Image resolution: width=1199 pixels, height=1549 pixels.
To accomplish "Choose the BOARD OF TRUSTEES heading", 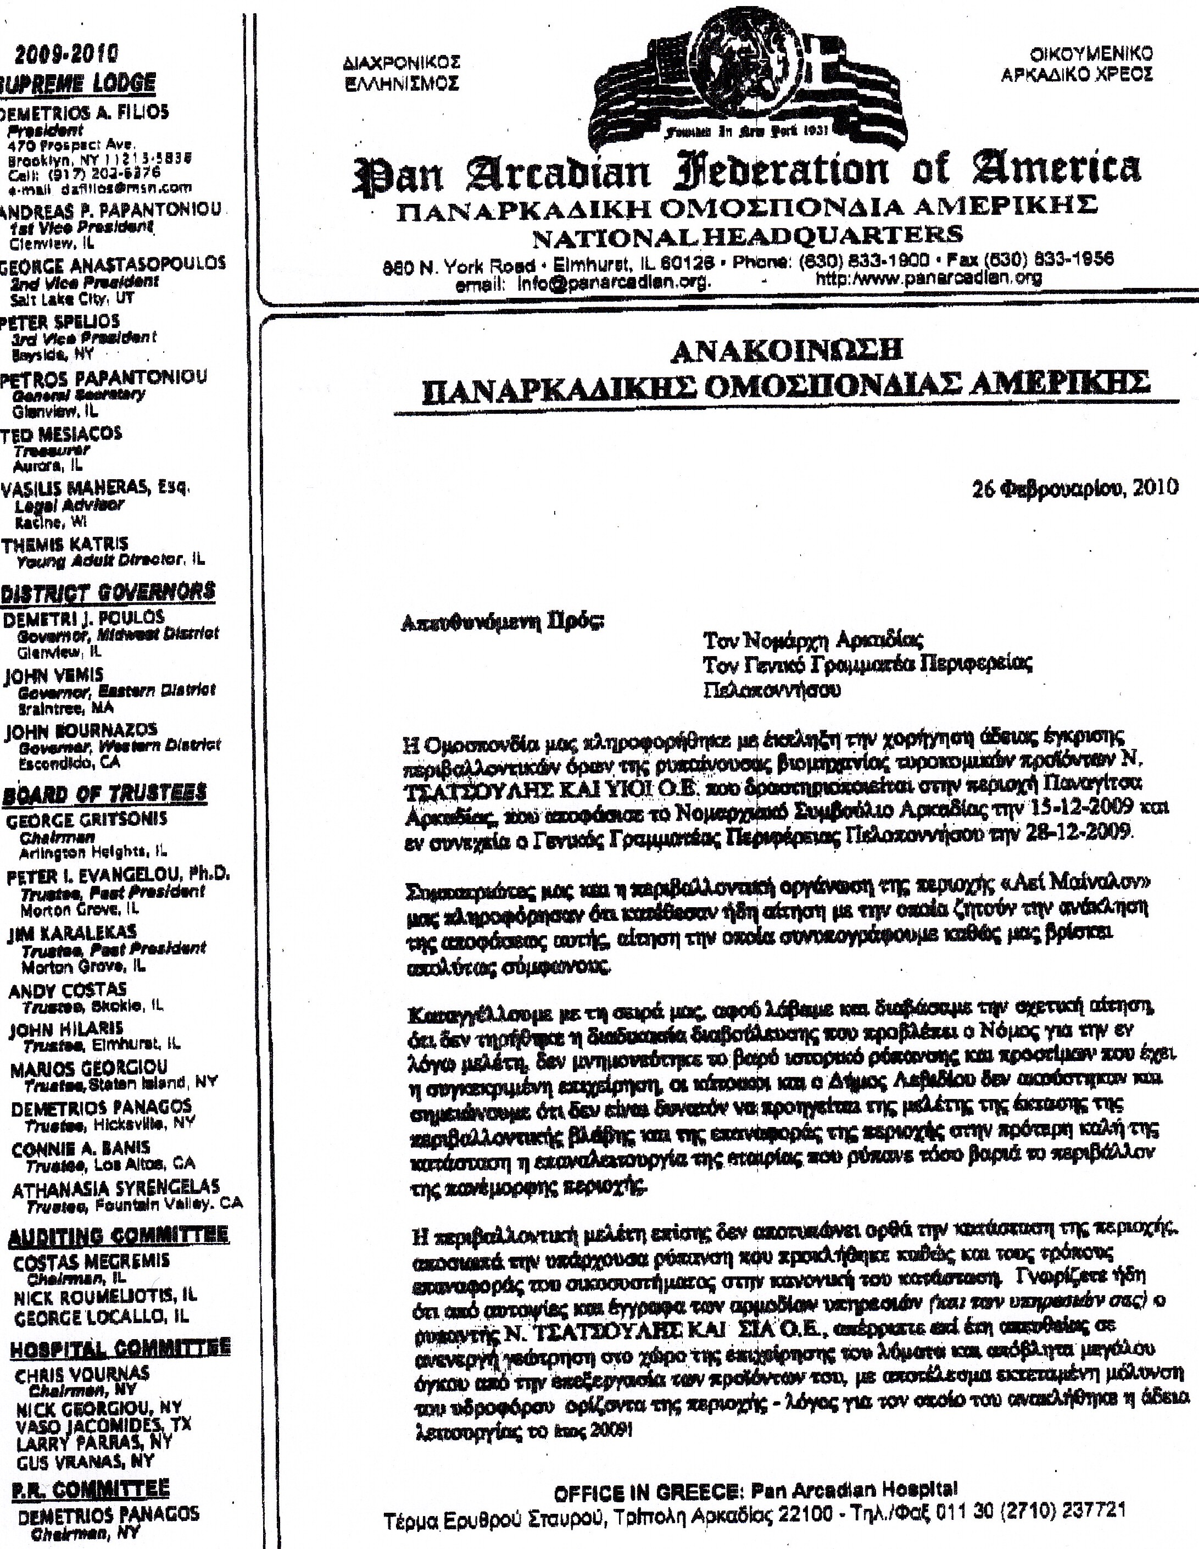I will click(x=104, y=793).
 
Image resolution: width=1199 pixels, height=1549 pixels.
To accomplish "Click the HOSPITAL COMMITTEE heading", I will click(x=120, y=1348).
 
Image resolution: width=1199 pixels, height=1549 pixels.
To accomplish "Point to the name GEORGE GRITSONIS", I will click(x=86, y=820).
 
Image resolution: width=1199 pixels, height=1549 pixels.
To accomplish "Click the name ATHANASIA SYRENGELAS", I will click(x=115, y=1188).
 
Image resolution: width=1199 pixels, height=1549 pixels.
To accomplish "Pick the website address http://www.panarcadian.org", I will click(x=929, y=278).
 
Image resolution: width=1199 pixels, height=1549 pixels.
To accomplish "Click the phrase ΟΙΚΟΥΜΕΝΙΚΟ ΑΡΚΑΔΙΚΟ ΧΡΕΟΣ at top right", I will click(x=1075, y=64).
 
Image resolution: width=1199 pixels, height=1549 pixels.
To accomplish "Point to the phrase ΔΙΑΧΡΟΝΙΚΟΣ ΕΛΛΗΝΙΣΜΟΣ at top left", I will click(x=400, y=73).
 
